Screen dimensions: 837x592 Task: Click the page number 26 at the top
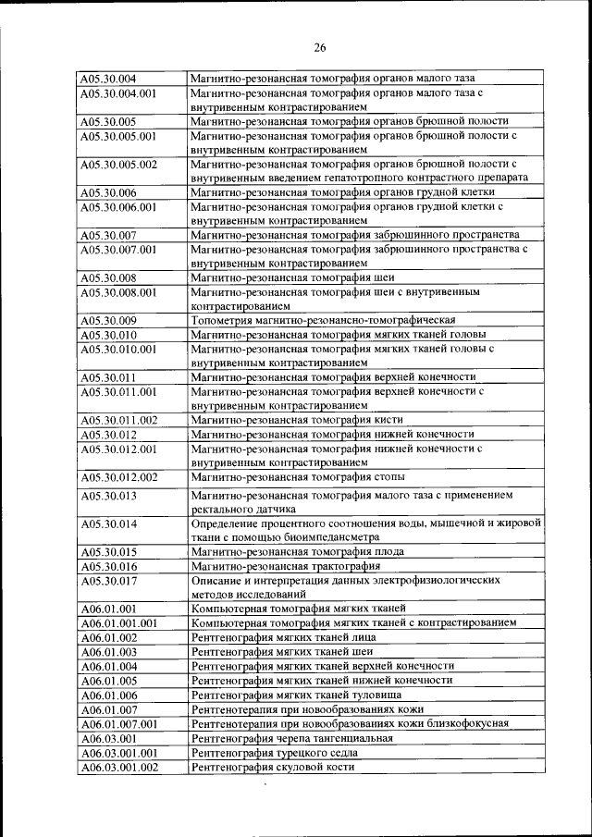point(319,47)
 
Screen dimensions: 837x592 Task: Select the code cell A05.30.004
point(108,79)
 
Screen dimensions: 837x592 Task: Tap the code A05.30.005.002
point(118,165)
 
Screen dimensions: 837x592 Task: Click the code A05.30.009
point(108,321)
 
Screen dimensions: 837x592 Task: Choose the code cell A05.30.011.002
point(118,421)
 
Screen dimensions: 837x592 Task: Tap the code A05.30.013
point(108,497)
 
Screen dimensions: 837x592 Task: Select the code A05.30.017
point(108,581)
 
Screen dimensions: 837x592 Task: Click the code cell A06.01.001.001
point(118,623)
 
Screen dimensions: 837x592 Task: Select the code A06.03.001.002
point(118,768)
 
